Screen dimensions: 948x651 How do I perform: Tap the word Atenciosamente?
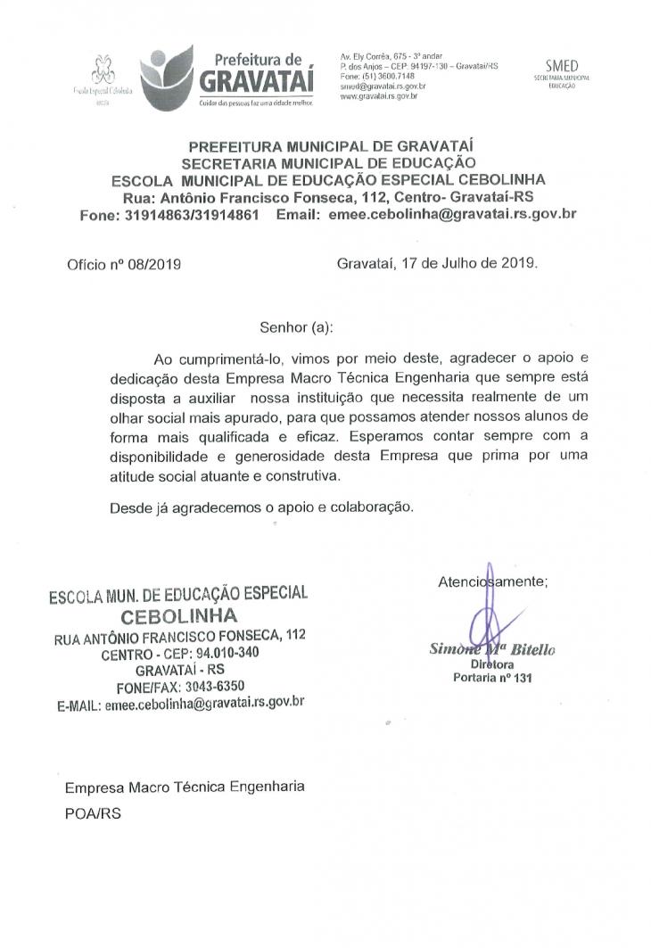click(493, 581)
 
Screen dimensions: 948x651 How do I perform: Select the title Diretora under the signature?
click(492, 664)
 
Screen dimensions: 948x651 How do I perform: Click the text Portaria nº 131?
click(492, 678)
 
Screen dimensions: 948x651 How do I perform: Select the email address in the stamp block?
click(205, 703)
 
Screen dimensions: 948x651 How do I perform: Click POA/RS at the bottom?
click(93, 814)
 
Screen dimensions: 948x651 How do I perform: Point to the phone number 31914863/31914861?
click(183, 215)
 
